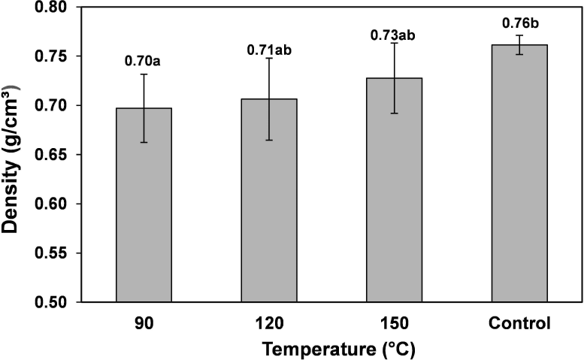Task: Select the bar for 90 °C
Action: [x=144, y=204]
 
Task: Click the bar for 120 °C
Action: [x=269, y=200]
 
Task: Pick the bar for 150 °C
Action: [x=394, y=190]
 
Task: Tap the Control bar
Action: [x=519, y=174]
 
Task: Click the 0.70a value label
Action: [x=143, y=61]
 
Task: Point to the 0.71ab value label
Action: [x=269, y=50]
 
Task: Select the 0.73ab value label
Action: [x=392, y=35]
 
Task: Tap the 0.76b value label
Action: [x=520, y=23]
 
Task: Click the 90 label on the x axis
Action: [x=144, y=323]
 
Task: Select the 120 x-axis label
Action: [x=269, y=323]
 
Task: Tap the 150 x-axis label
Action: [x=394, y=323]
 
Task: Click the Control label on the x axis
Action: [x=519, y=323]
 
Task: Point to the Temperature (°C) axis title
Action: [x=338, y=349]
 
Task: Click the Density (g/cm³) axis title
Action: [x=10, y=159]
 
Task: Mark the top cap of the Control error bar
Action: [x=519, y=35]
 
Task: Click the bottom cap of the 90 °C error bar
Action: [x=144, y=142]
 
